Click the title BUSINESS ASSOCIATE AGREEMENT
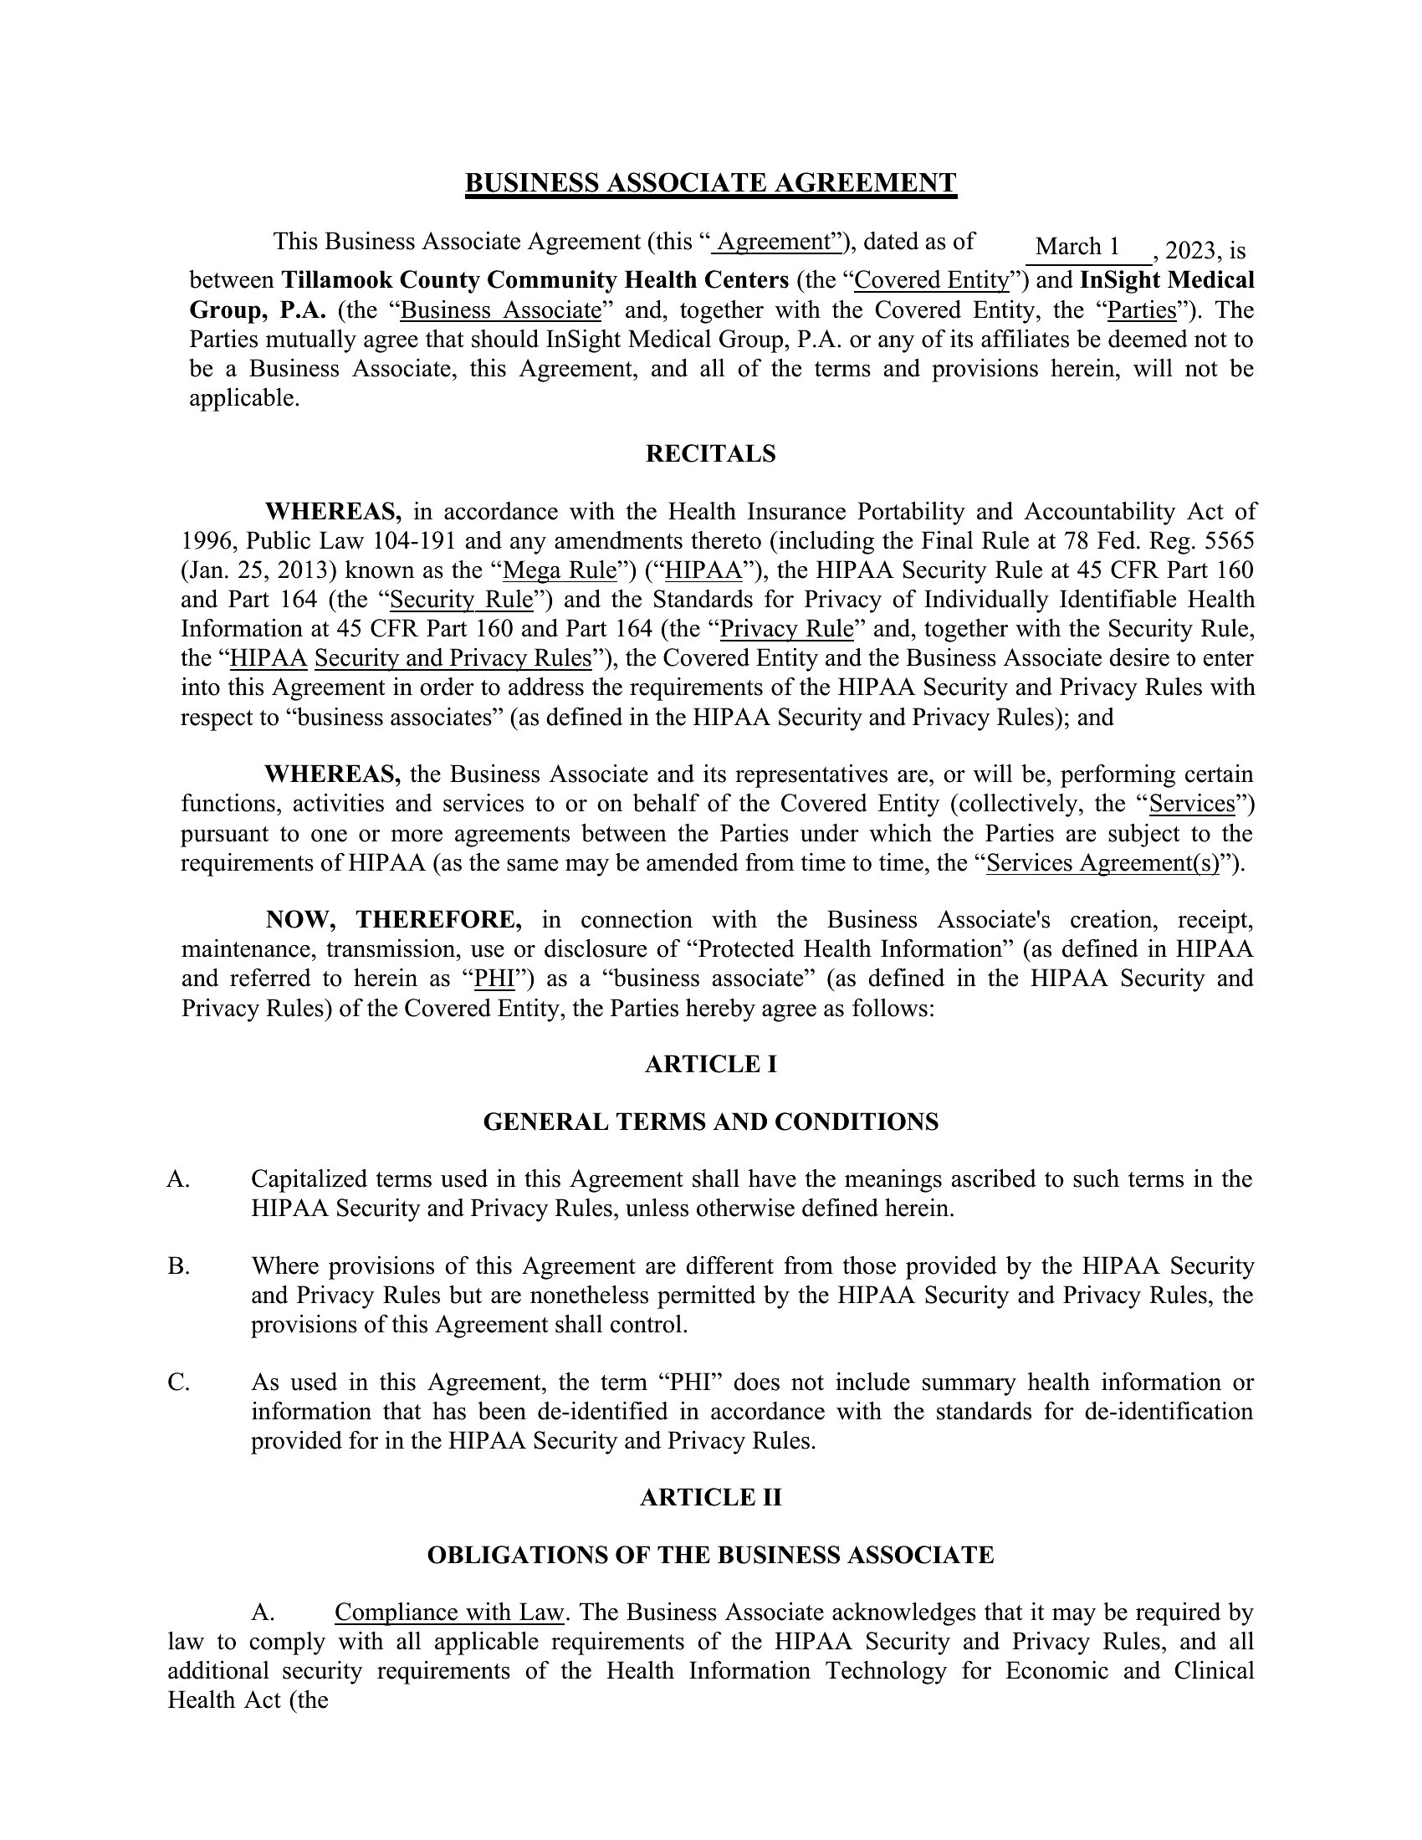coord(710,183)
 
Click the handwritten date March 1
coord(1077,247)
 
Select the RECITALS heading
coord(710,454)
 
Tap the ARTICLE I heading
coord(710,1065)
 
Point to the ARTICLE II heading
coord(710,1497)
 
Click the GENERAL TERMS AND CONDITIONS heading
coord(710,1122)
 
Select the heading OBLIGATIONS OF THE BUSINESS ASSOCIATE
coord(710,1556)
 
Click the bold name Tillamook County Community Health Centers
coord(535,279)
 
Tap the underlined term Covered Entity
coord(931,279)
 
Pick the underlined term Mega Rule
coord(560,570)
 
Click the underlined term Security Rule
coord(462,600)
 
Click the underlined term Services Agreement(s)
coord(1102,864)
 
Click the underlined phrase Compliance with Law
coord(449,1613)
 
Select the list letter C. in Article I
coord(179,1383)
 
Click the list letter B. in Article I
coord(179,1266)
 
